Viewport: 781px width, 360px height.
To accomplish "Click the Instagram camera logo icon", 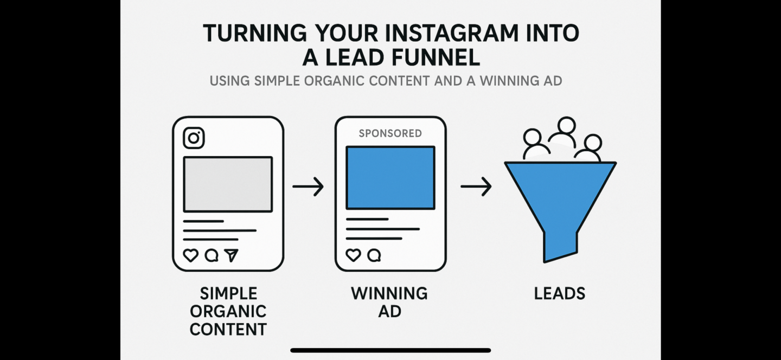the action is (x=194, y=138).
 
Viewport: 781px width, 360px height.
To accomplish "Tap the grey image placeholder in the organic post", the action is (x=228, y=184).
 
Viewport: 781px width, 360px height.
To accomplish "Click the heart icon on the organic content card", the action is (x=191, y=255).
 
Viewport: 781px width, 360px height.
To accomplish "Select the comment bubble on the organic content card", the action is (x=212, y=255).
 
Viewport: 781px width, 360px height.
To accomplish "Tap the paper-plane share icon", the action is (x=231, y=255).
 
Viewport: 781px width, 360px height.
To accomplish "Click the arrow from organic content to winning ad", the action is (x=308, y=187).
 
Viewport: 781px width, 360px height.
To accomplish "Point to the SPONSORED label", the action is (x=390, y=133).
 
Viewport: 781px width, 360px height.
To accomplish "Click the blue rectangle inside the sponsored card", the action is (x=390, y=178).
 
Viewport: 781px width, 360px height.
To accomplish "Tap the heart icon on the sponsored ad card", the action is (x=353, y=255).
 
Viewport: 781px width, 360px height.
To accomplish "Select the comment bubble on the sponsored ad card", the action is (x=374, y=255).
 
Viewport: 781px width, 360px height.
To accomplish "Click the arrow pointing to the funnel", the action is (x=476, y=187).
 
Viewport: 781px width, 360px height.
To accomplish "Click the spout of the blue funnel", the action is (x=560, y=247).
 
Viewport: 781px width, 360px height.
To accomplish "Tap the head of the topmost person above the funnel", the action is (x=566, y=126).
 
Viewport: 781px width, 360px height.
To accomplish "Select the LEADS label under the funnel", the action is (x=560, y=293).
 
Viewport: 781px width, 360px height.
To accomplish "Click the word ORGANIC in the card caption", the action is (x=228, y=311).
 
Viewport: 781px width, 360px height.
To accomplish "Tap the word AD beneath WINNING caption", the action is (x=390, y=311).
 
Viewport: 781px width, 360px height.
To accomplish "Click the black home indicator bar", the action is (x=390, y=350).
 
